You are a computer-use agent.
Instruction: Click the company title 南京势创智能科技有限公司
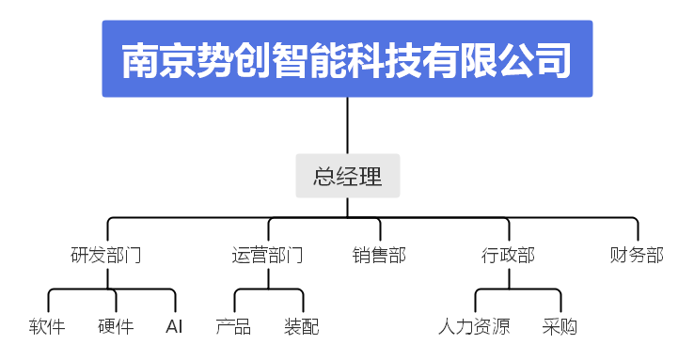tap(347, 59)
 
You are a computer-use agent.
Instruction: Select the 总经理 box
tap(347, 176)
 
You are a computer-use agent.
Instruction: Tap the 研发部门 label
tap(106, 255)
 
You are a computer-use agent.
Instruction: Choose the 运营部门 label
tap(267, 255)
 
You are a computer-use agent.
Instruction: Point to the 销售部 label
tap(379, 255)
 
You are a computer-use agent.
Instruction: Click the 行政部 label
tap(508, 255)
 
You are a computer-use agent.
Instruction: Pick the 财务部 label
tap(637, 255)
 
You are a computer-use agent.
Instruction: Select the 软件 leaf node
tap(47, 327)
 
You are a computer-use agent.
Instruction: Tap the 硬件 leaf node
tap(116, 327)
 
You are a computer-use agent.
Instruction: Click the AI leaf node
tap(174, 327)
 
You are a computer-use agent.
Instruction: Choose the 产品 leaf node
tap(233, 327)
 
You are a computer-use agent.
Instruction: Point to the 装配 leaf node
tap(302, 327)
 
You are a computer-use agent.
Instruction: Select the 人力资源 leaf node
tap(474, 327)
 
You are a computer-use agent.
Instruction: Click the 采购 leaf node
tap(560, 327)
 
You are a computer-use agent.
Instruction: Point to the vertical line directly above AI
tap(175, 303)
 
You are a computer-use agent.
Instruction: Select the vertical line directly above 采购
tap(560, 303)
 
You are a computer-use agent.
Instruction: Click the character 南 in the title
tap(141, 59)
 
